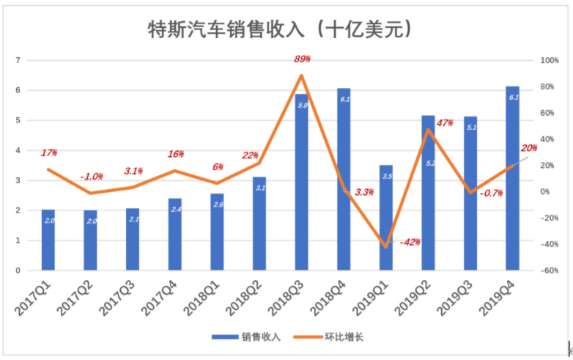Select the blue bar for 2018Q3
coord(301,182)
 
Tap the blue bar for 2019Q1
coord(386,218)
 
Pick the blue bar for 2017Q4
coord(174,235)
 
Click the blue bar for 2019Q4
coord(513,178)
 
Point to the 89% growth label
coord(302,59)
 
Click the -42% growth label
coord(410,242)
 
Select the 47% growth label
coord(445,122)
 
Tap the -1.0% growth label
coord(92,177)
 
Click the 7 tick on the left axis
coord(18,60)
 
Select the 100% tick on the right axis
coord(550,60)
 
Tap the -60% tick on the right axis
coord(550,271)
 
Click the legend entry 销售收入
coord(246,337)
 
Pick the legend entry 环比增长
coord(328,337)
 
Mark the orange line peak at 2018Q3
coord(301,76)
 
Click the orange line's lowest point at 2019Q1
coord(386,247)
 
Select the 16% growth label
coord(176,154)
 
